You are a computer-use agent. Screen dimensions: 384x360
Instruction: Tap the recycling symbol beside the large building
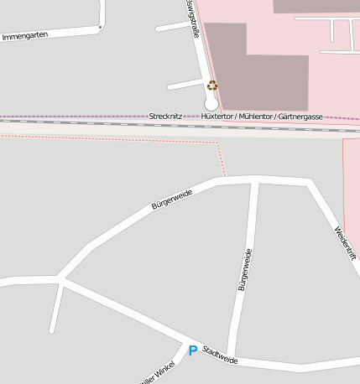point(212,85)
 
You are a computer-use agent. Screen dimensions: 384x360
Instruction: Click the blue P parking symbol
point(192,350)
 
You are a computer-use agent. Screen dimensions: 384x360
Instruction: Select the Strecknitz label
point(165,115)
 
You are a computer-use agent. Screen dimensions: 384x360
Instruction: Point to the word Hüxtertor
point(218,115)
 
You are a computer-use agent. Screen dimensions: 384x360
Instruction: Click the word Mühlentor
point(255,115)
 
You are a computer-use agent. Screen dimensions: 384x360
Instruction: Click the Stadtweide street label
point(220,355)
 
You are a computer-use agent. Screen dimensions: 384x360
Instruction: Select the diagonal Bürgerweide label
point(172,199)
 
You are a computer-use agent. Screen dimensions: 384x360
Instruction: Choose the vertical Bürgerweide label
point(243,270)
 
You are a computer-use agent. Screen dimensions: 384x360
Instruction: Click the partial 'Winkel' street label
point(160,374)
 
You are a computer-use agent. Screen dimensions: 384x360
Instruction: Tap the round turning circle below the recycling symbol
point(211,103)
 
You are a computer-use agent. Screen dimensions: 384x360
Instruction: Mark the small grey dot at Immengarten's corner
point(100,27)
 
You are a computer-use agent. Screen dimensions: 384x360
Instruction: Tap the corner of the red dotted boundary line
point(220,143)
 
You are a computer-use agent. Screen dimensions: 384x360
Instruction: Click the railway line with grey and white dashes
point(101,122)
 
